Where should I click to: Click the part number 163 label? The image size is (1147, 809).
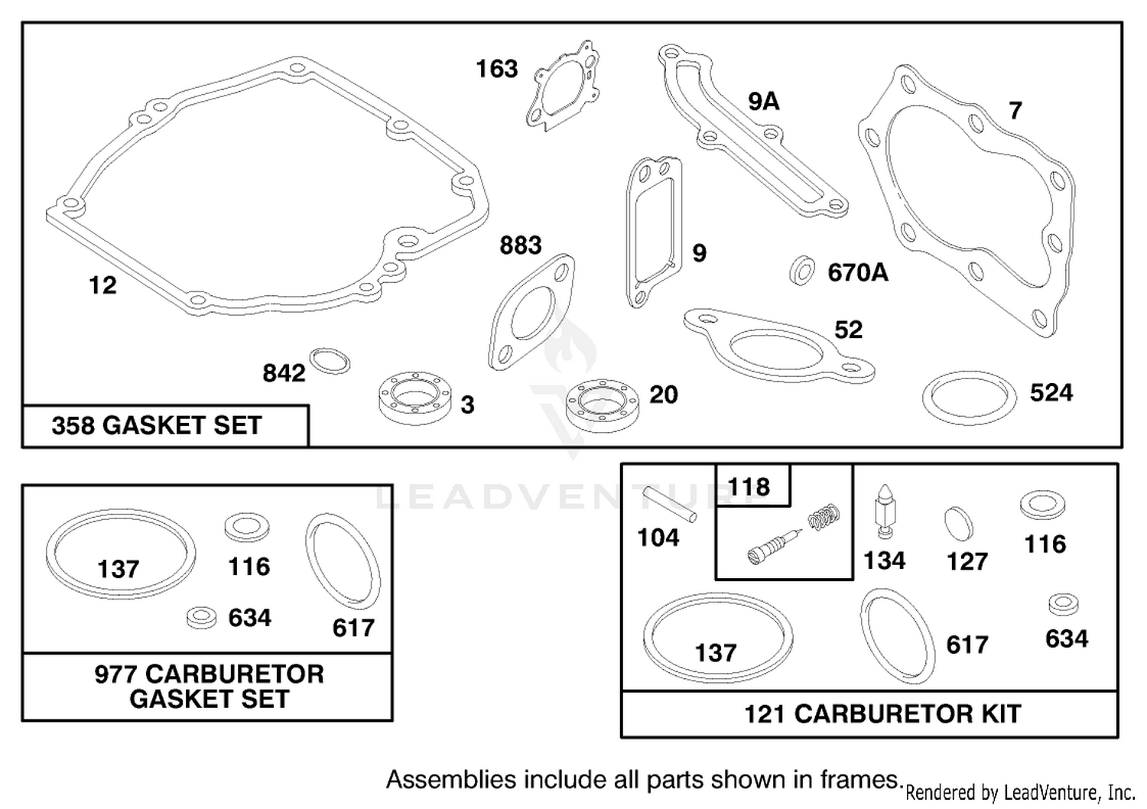click(497, 69)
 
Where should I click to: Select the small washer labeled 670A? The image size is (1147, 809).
click(802, 270)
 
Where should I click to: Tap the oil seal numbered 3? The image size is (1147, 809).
click(414, 398)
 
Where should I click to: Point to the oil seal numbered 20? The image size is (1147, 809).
click(603, 405)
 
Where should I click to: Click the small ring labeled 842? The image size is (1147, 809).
click(330, 361)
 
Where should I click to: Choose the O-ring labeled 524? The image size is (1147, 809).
click(970, 398)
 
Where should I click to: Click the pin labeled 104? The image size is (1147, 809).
click(670, 505)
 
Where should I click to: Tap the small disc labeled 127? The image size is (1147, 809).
click(958, 523)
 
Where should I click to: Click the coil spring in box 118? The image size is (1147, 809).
click(824, 517)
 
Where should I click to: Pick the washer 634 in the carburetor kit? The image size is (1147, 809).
click(1063, 604)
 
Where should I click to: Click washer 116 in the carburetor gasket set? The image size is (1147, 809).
click(247, 527)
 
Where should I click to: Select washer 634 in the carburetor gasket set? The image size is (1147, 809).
click(202, 618)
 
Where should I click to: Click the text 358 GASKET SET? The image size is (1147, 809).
click(157, 425)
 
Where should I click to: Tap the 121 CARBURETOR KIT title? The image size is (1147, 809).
click(882, 713)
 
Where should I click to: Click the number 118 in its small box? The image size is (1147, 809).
click(748, 486)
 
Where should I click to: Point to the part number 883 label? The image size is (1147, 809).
click(520, 245)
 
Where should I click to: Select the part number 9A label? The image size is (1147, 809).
click(763, 101)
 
